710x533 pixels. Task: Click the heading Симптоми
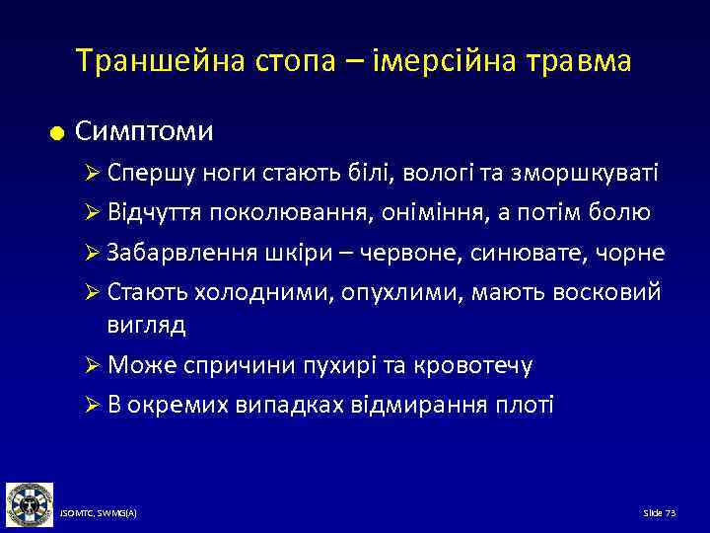coord(144,130)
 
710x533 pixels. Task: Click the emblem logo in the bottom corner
coord(29,504)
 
